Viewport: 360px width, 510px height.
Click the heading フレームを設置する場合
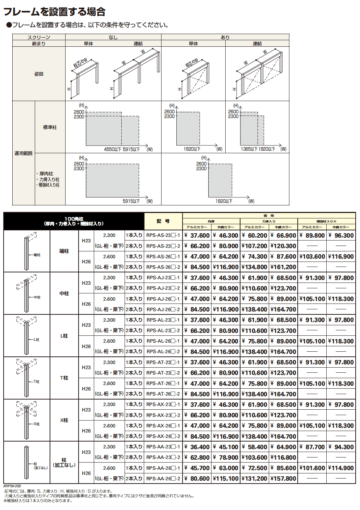tap(54, 12)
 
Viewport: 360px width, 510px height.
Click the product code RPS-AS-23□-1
tap(163, 235)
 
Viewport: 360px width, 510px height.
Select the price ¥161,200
tap(283, 267)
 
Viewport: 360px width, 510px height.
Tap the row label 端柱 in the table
tap(64, 251)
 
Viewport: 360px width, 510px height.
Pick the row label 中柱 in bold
tap(64, 293)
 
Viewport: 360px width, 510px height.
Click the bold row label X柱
tap(64, 420)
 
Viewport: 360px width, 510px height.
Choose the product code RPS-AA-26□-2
tap(163, 478)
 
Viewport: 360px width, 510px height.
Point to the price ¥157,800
tap(283, 478)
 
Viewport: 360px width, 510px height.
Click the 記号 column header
tap(163, 221)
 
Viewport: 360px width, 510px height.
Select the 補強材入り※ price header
tap(326, 221)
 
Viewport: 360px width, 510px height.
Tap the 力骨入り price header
tap(269, 221)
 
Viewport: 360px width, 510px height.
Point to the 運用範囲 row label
tap(24, 153)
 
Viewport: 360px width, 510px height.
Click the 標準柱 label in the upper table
tap(50, 127)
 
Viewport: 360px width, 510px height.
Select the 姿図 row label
tap(39, 74)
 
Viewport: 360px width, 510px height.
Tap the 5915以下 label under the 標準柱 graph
tap(131, 149)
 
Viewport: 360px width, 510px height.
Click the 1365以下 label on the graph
tap(248, 149)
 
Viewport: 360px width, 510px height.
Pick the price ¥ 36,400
tap(197, 447)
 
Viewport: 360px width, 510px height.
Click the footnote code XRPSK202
tap(12, 486)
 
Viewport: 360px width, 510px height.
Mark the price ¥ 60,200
tap(254, 235)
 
